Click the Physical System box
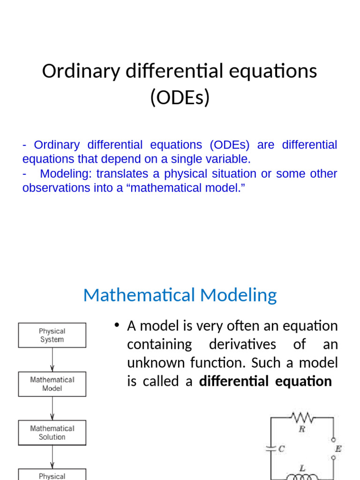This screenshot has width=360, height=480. point(52,335)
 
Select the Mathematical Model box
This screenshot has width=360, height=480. point(52,384)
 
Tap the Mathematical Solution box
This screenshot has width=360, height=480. point(52,433)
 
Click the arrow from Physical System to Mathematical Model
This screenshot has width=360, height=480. point(52,360)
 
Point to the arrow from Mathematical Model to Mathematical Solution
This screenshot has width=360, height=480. point(52,408)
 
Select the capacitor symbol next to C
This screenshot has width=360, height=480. point(270,449)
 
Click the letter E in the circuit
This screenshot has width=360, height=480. point(337,449)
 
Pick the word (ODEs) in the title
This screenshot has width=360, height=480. point(180,97)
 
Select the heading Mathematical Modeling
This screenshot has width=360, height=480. point(180,295)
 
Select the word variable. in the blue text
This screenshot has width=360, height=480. point(226,159)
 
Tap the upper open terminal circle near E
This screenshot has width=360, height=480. point(334,441)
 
